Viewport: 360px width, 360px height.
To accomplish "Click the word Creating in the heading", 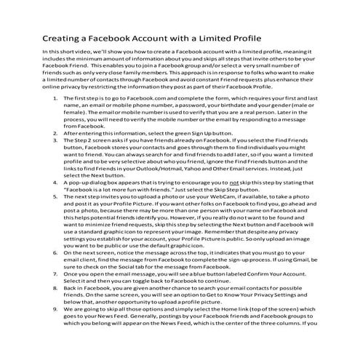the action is click(x=61, y=38).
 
